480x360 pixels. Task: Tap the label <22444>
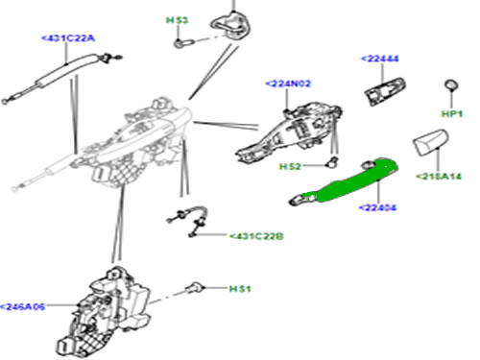pyautogui.click(x=382, y=59)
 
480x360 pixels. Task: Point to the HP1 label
pyautogui.click(x=452, y=114)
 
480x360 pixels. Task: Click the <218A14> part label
pyautogui.click(x=439, y=177)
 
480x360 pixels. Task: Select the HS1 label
pyautogui.click(x=239, y=288)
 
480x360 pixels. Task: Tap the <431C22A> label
pyautogui.click(x=66, y=37)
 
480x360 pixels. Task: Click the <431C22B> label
pyautogui.click(x=256, y=235)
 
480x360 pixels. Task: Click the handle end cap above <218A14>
pyautogui.click(x=427, y=147)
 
